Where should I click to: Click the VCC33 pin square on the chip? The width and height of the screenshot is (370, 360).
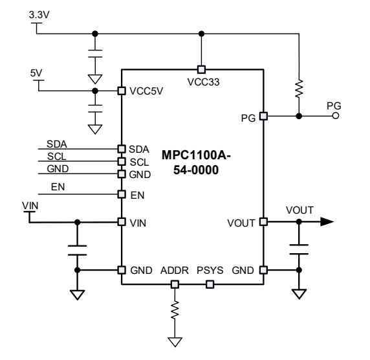click(x=201, y=69)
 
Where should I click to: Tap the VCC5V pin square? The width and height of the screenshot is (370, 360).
click(x=122, y=91)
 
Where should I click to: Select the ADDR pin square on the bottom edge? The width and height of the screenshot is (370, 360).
click(x=175, y=284)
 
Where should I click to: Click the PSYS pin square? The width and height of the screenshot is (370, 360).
click(x=210, y=284)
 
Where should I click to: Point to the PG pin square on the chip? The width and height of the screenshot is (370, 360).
click(x=263, y=116)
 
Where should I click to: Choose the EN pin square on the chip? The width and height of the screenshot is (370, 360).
click(x=122, y=194)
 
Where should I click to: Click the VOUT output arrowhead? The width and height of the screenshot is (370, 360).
click(x=327, y=222)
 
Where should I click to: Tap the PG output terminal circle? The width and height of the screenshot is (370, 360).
click(x=336, y=116)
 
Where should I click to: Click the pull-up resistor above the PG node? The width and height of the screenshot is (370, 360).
click(x=299, y=89)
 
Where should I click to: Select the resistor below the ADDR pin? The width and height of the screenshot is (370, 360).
click(x=175, y=310)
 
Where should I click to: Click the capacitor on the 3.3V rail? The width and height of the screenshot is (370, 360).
click(x=95, y=53)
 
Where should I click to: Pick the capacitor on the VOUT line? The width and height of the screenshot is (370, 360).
click(x=299, y=249)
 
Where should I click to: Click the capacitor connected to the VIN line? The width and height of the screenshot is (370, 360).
click(x=77, y=251)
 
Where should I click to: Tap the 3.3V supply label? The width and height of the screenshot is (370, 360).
click(x=39, y=15)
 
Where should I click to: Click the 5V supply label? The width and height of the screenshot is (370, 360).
click(x=36, y=73)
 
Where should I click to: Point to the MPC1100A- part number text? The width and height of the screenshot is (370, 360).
click(x=196, y=155)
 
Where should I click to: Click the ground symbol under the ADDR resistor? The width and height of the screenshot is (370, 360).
click(x=175, y=342)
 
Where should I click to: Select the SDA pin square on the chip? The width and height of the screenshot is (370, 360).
click(x=122, y=149)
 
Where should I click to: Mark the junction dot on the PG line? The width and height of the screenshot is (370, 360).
click(x=299, y=116)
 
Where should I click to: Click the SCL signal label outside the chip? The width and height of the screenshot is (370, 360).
click(x=57, y=157)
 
